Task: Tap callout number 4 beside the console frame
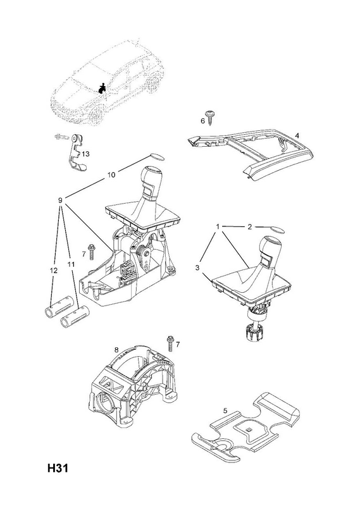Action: click(x=297, y=135)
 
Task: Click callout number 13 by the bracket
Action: click(x=85, y=154)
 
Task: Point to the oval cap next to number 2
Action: click(x=277, y=230)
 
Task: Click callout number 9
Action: click(x=60, y=201)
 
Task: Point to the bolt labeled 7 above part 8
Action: click(x=170, y=343)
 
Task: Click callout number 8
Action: click(x=116, y=350)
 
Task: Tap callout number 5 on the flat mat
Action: click(x=225, y=410)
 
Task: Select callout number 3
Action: click(x=197, y=268)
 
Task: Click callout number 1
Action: click(x=218, y=227)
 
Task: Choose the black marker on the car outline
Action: click(x=102, y=89)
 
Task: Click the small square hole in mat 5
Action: click(x=249, y=429)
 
